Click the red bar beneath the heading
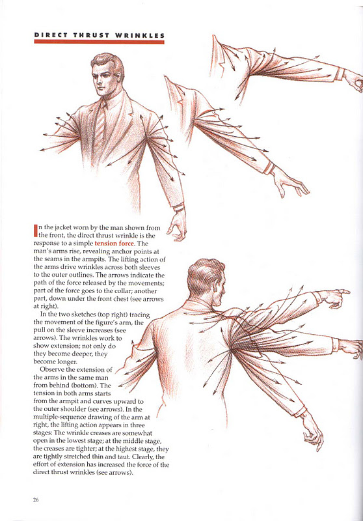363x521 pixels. coord(99,42)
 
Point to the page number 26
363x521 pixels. coord(35,500)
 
